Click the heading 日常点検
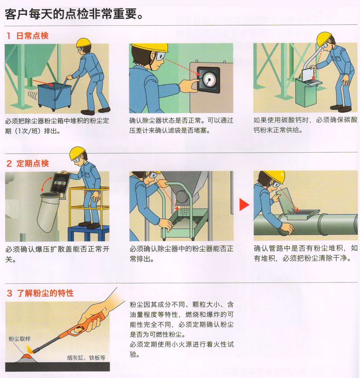pyautogui.click(x=32, y=36)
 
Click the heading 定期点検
pyautogui.click(x=33, y=163)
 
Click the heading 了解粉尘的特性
pyautogui.click(x=45, y=293)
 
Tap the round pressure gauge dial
pyautogui.click(x=209, y=80)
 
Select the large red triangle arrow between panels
pyautogui.click(x=244, y=205)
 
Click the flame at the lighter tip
pyautogui.click(x=30, y=349)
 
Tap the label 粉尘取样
pyautogui.click(x=20, y=339)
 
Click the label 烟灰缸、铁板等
pyautogui.click(x=86, y=358)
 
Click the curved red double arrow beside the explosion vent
pyautogui.click(x=46, y=184)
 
